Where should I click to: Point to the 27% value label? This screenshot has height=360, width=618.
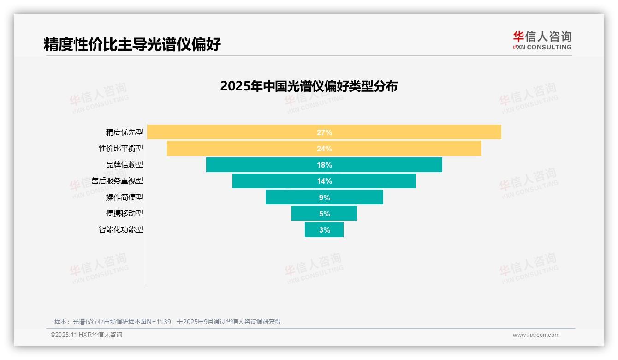coord(324,132)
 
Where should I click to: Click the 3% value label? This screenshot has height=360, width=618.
coord(324,230)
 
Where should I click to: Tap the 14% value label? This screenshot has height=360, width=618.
coord(324,181)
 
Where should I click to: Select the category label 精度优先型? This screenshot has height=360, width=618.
coord(125,132)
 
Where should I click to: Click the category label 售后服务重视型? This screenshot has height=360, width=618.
coord(117,181)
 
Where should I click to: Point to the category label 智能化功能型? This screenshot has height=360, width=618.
coord(121,229)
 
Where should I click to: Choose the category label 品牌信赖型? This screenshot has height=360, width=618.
coord(125,165)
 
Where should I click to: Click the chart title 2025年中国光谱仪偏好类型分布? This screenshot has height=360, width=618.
coord(309,86)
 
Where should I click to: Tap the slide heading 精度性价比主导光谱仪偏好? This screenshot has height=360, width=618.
coord(132,44)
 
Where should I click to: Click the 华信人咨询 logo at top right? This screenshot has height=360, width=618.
coord(542,40)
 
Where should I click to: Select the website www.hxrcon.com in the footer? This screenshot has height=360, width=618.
coord(536,335)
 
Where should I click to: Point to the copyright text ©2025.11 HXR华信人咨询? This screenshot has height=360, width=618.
coord(86,335)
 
